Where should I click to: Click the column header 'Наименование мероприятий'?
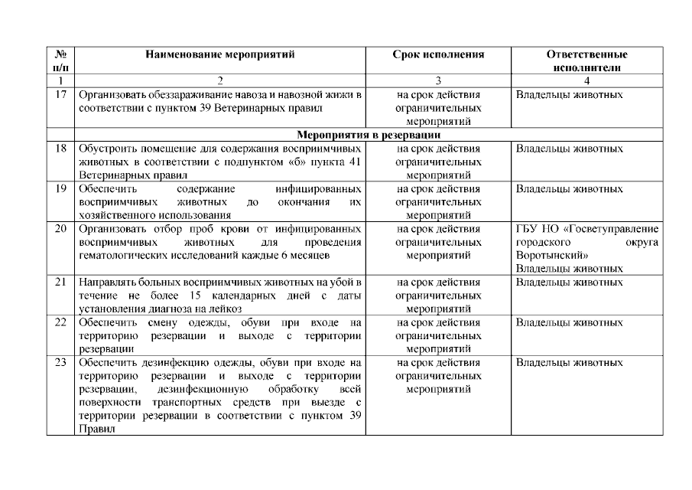219,55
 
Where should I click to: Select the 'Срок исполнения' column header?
438,55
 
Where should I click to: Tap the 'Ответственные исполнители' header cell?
586,61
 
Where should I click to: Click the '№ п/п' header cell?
60,61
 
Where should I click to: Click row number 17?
60,96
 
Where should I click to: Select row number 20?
60,229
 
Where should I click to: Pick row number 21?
60,283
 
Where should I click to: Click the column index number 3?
438,80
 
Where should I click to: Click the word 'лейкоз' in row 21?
227,309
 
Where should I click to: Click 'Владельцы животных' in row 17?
569,96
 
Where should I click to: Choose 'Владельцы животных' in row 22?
569,322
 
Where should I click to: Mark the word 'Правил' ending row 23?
96,429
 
